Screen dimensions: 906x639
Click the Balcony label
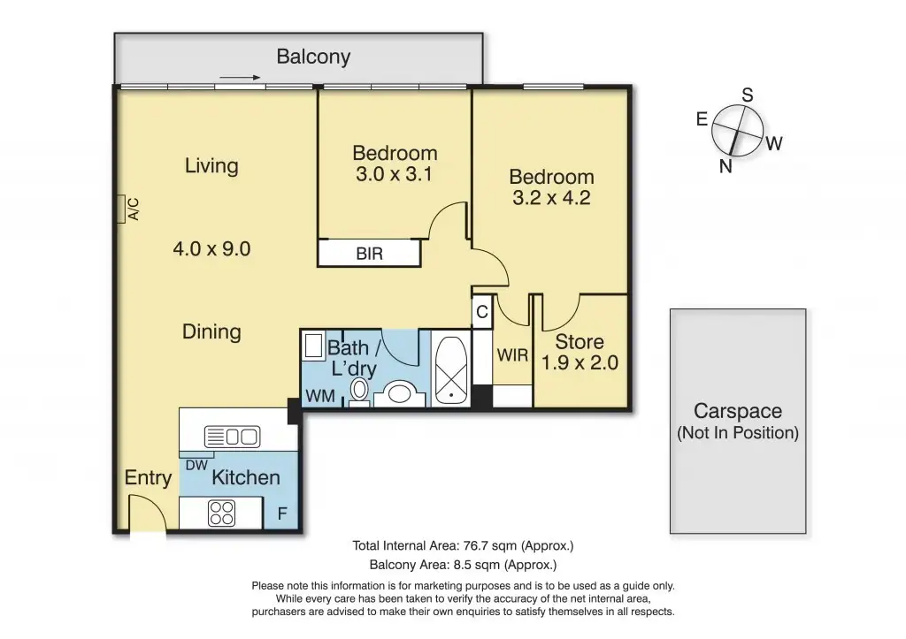[x=313, y=57]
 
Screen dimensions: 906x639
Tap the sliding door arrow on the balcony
[x=241, y=78]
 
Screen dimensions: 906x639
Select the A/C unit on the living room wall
[x=120, y=209]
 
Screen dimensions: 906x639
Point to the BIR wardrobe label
[x=369, y=254]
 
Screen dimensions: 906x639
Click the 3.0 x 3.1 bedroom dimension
[x=394, y=174]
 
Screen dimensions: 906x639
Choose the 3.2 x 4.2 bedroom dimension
[x=551, y=197]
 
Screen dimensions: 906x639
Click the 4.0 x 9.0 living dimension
[x=211, y=248]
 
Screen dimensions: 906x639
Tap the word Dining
[x=211, y=332]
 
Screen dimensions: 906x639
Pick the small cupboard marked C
[x=482, y=312]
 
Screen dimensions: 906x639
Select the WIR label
[x=512, y=355]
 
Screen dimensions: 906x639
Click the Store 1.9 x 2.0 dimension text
[x=580, y=362]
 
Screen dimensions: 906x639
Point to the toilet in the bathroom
[x=359, y=391]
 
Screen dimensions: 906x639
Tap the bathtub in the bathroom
[x=450, y=370]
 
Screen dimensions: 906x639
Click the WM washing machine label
[x=320, y=396]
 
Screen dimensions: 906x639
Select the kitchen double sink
[x=233, y=437]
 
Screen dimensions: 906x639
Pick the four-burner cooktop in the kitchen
[x=222, y=513]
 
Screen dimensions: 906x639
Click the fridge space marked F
[x=282, y=513]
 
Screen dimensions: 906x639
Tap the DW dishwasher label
[x=196, y=465]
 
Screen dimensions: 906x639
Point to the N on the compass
[x=726, y=166]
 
